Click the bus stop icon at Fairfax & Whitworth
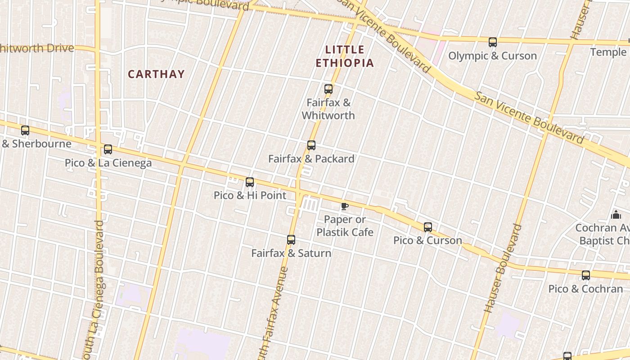tap(328, 89)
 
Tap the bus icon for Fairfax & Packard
tap(311, 145)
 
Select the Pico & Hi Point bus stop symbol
tap(250, 182)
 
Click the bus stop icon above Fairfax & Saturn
tap(291, 240)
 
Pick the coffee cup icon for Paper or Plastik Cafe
tap(345, 207)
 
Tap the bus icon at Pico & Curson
tap(428, 227)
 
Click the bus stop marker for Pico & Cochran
tap(585, 275)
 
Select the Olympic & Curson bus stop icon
tap(493, 43)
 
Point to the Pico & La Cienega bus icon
tap(108, 149)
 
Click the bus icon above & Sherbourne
tap(25, 130)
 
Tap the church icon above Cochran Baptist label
tap(616, 215)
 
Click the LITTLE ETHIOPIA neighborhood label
tap(345, 56)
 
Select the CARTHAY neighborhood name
tap(156, 74)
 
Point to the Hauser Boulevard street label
tap(504, 268)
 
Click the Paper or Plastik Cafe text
tap(345, 226)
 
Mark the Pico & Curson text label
tap(427, 240)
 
